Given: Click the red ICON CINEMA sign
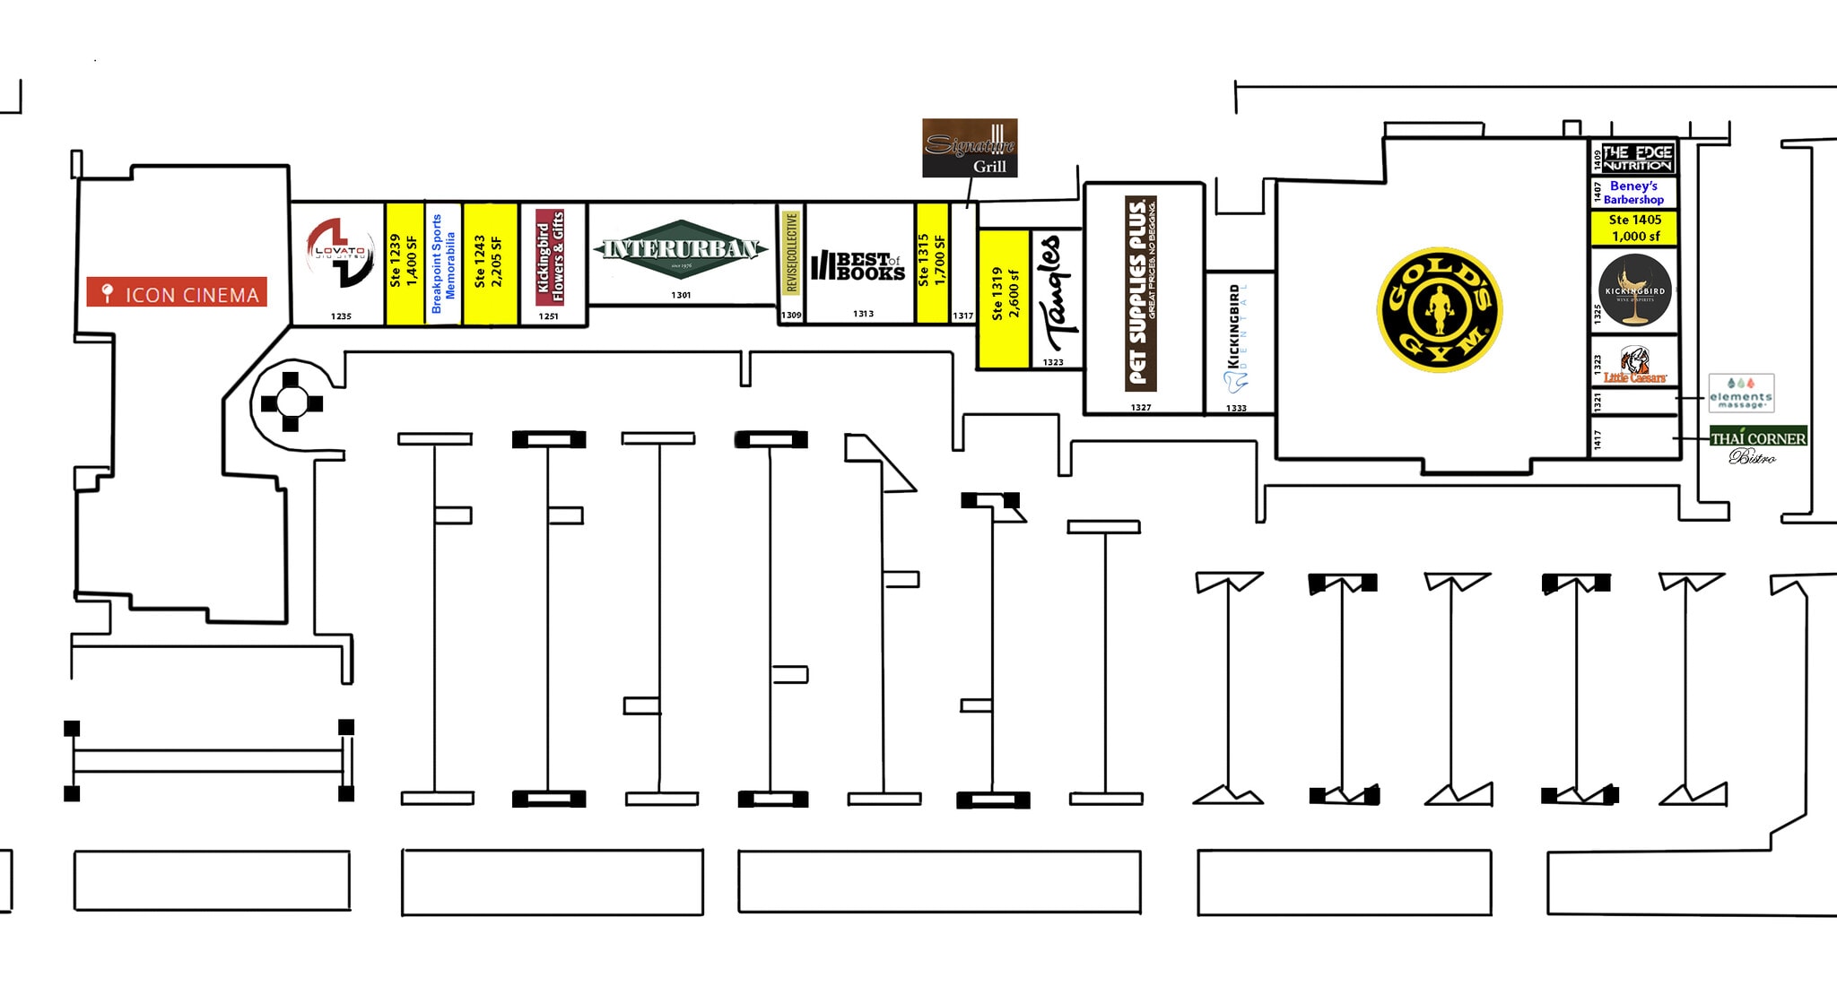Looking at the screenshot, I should tap(177, 292).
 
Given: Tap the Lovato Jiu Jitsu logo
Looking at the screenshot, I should tap(340, 253).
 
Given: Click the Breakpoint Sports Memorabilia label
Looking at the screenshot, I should tap(443, 264).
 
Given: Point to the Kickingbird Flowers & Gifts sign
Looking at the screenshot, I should tap(550, 255).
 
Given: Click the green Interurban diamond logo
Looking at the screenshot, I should tap(681, 249).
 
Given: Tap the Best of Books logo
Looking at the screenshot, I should tap(858, 266).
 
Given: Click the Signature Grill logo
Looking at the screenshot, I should tap(970, 148).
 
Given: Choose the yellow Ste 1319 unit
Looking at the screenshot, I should tap(1003, 298).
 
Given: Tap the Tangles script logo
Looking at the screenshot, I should tap(1052, 293).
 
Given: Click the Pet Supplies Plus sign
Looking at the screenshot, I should tap(1140, 293).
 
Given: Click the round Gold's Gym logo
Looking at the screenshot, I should tap(1439, 310).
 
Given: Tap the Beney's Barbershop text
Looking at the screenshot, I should tap(1633, 193).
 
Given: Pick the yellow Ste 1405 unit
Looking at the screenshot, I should tap(1633, 228).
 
